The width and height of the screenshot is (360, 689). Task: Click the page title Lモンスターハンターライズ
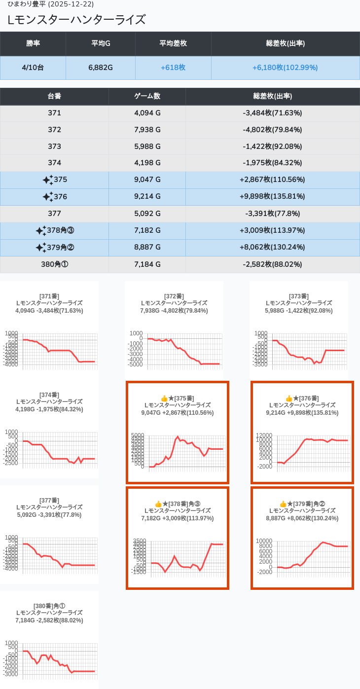(77, 20)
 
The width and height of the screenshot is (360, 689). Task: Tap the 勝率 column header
(33, 43)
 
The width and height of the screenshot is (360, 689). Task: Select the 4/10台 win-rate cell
(33, 68)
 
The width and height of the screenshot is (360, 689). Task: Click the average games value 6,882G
(101, 68)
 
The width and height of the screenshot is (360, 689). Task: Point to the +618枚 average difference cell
(173, 68)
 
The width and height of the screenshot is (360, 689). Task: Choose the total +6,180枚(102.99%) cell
(285, 68)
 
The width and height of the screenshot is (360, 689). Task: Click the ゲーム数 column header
(147, 96)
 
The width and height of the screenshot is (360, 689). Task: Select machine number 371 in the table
(54, 113)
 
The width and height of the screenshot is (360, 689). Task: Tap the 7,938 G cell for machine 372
(147, 130)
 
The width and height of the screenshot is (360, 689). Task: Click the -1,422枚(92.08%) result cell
(272, 146)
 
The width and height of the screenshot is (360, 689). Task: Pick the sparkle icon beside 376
(47, 197)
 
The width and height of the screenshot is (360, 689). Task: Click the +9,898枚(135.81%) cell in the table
(272, 197)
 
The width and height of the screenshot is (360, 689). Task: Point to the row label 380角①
(54, 264)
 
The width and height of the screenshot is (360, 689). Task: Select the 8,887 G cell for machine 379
(147, 247)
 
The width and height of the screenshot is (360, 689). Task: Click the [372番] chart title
(174, 296)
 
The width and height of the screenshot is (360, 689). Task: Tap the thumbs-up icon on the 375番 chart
(165, 399)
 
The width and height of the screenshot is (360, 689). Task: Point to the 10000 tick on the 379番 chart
(264, 541)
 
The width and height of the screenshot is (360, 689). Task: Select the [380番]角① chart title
(49, 606)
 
